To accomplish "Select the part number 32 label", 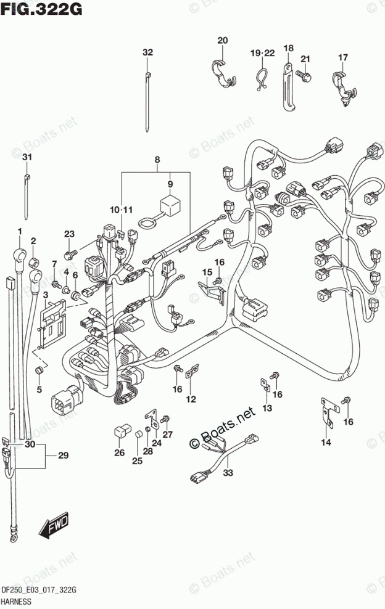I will [x=147, y=52].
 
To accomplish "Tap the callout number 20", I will [x=223, y=41].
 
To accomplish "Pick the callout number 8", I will [x=157, y=160].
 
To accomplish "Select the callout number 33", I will [x=228, y=473].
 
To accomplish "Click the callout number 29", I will [x=63, y=456].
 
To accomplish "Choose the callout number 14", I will [x=325, y=441].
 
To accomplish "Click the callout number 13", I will [x=267, y=409].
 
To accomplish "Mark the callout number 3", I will [x=44, y=296].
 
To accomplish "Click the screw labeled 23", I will [x=71, y=252].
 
